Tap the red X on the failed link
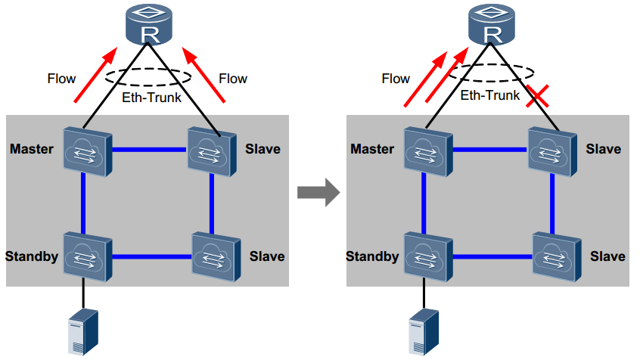tap(539, 96)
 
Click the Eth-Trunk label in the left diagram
tap(151, 97)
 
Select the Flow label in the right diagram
tap(396, 78)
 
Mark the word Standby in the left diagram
tap(32, 256)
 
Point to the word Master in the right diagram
tap(372, 149)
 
